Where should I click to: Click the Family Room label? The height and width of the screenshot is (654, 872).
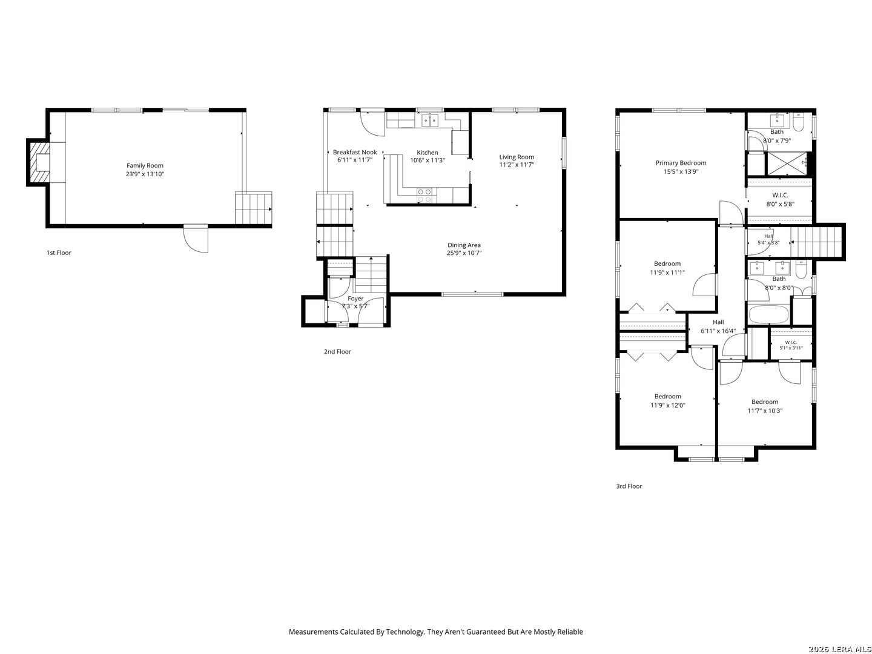tap(145, 165)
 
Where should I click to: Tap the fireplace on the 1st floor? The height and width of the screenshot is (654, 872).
tap(39, 162)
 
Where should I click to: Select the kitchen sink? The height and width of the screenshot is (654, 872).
tap(429, 120)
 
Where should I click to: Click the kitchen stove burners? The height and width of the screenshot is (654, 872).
tap(424, 195)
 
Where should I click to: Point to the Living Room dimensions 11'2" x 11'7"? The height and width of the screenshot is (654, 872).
tap(517, 165)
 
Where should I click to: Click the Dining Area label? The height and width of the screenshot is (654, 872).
tap(464, 245)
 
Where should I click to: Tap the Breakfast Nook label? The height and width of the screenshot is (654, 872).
tap(355, 152)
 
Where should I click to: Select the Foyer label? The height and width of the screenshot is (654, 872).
tap(355, 298)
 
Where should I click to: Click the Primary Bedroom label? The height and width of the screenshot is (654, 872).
tap(681, 163)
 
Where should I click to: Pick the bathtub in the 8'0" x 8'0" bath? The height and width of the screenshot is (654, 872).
tap(768, 315)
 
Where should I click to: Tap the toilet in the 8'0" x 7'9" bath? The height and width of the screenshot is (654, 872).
tap(798, 122)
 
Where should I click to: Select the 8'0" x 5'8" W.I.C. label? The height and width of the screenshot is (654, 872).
tap(780, 196)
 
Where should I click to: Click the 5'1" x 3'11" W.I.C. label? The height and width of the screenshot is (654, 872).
tap(791, 342)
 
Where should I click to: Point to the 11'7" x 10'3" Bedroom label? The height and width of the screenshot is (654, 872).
tap(765, 402)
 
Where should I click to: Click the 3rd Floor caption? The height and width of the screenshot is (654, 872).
tap(629, 486)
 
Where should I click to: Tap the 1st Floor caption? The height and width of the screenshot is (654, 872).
tap(59, 253)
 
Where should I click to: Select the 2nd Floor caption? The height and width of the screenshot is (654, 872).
tap(337, 351)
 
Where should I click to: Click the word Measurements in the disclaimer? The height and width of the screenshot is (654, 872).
tap(314, 632)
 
